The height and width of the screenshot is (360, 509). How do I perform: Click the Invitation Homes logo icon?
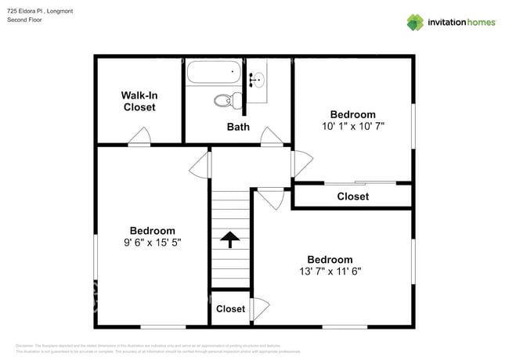(x=414, y=22)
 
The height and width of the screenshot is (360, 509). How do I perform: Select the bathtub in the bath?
(x=214, y=74)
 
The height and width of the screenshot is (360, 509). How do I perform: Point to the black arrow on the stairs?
(x=230, y=239)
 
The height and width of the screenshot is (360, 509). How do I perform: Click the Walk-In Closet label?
(x=139, y=101)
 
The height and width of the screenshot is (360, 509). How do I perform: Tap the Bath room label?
(x=238, y=127)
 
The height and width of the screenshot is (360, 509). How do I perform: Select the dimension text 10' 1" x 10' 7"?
(x=352, y=125)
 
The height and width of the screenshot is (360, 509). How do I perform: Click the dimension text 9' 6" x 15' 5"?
(x=152, y=243)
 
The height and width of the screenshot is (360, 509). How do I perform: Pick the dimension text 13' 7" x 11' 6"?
(x=330, y=272)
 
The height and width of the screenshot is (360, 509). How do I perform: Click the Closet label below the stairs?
(x=230, y=309)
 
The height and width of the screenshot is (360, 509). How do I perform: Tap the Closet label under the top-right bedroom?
(x=352, y=196)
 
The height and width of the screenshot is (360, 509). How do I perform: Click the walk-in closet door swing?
(x=139, y=139)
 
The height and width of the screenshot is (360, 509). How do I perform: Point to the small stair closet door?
(x=260, y=307)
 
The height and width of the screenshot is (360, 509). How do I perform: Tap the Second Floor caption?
(x=26, y=20)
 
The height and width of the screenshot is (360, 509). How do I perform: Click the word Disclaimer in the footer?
(x=27, y=345)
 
